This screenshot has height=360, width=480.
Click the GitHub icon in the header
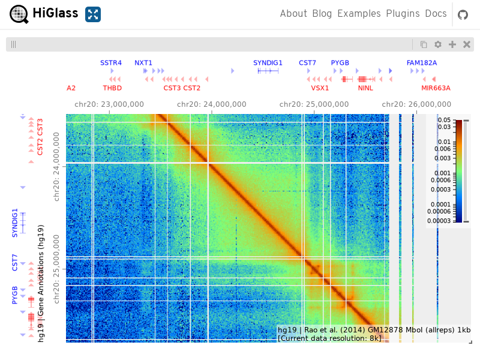[463, 14]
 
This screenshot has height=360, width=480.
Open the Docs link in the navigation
[436, 13]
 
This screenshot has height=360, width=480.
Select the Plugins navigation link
[403, 14]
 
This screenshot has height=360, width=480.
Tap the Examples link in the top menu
[359, 14]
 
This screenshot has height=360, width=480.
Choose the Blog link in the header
[322, 14]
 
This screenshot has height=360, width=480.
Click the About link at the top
[293, 13]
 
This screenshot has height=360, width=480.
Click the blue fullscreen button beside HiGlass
[93, 14]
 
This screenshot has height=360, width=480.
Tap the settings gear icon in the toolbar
[438, 44]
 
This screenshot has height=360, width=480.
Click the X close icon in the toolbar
[467, 44]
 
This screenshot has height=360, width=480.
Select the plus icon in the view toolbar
[452, 44]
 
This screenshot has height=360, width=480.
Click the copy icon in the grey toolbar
[424, 44]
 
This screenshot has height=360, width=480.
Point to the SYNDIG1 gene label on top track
[268, 63]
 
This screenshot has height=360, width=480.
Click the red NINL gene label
[365, 88]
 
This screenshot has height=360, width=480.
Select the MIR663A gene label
[436, 88]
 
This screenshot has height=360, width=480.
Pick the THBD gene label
[112, 88]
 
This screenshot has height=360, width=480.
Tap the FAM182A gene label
[422, 63]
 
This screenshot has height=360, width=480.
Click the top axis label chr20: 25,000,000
[314, 104]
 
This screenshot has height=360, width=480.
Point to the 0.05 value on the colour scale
[444, 119]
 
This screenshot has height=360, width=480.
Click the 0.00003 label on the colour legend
[439, 221]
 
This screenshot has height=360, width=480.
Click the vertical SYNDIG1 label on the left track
[14, 223]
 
